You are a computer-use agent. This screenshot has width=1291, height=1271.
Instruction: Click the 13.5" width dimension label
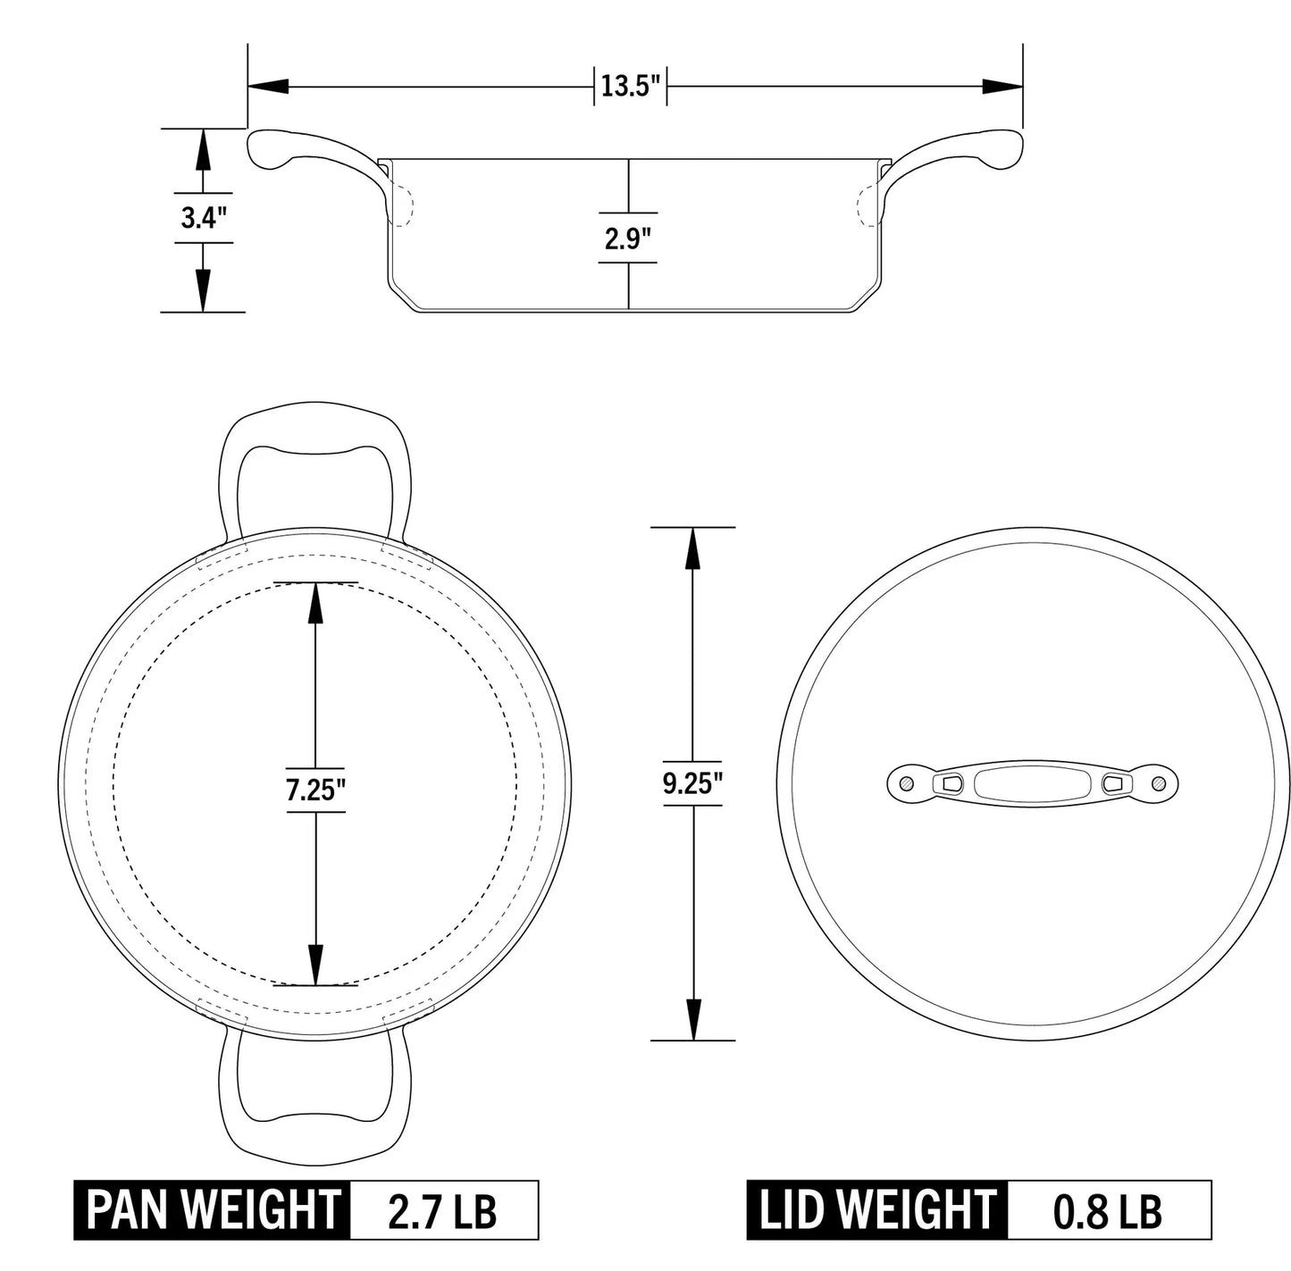click(x=630, y=87)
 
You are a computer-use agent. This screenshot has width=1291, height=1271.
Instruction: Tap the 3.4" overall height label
click(x=204, y=217)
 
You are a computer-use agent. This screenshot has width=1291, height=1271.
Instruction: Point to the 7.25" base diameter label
click(x=315, y=790)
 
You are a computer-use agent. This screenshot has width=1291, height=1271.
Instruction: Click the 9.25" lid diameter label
click(x=692, y=783)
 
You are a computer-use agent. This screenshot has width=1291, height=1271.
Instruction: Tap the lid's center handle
click(x=1032, y=783)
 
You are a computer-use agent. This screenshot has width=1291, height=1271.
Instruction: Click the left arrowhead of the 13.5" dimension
click(x=268, y=87)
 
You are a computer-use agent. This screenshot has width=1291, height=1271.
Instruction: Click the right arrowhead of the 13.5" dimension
click(x=1002, y=87)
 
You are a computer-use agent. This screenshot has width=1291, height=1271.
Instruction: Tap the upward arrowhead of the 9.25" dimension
click(x=692, y=548)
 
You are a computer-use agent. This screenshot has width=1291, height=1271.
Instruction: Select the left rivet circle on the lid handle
click(x=907, y=783)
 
